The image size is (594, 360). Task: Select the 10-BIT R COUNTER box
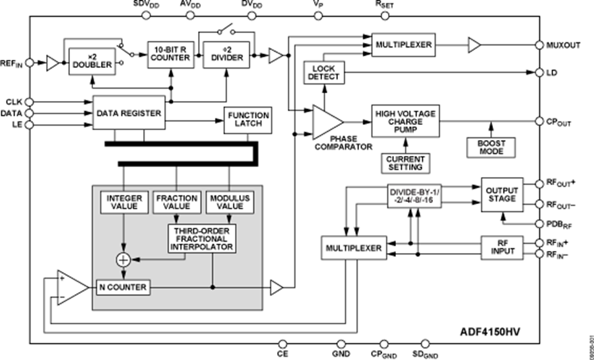(x=170, y=54)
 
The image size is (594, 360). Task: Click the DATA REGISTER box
(x=128, y=114)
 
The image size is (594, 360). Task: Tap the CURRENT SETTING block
(x=404, y=162)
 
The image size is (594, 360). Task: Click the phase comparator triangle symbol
(x=326, y=122)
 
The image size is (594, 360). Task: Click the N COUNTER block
(x=123, y=287)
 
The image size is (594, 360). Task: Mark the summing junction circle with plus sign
(x=123, y=260)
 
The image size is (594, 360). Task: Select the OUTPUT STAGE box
(x=502, y=194)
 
